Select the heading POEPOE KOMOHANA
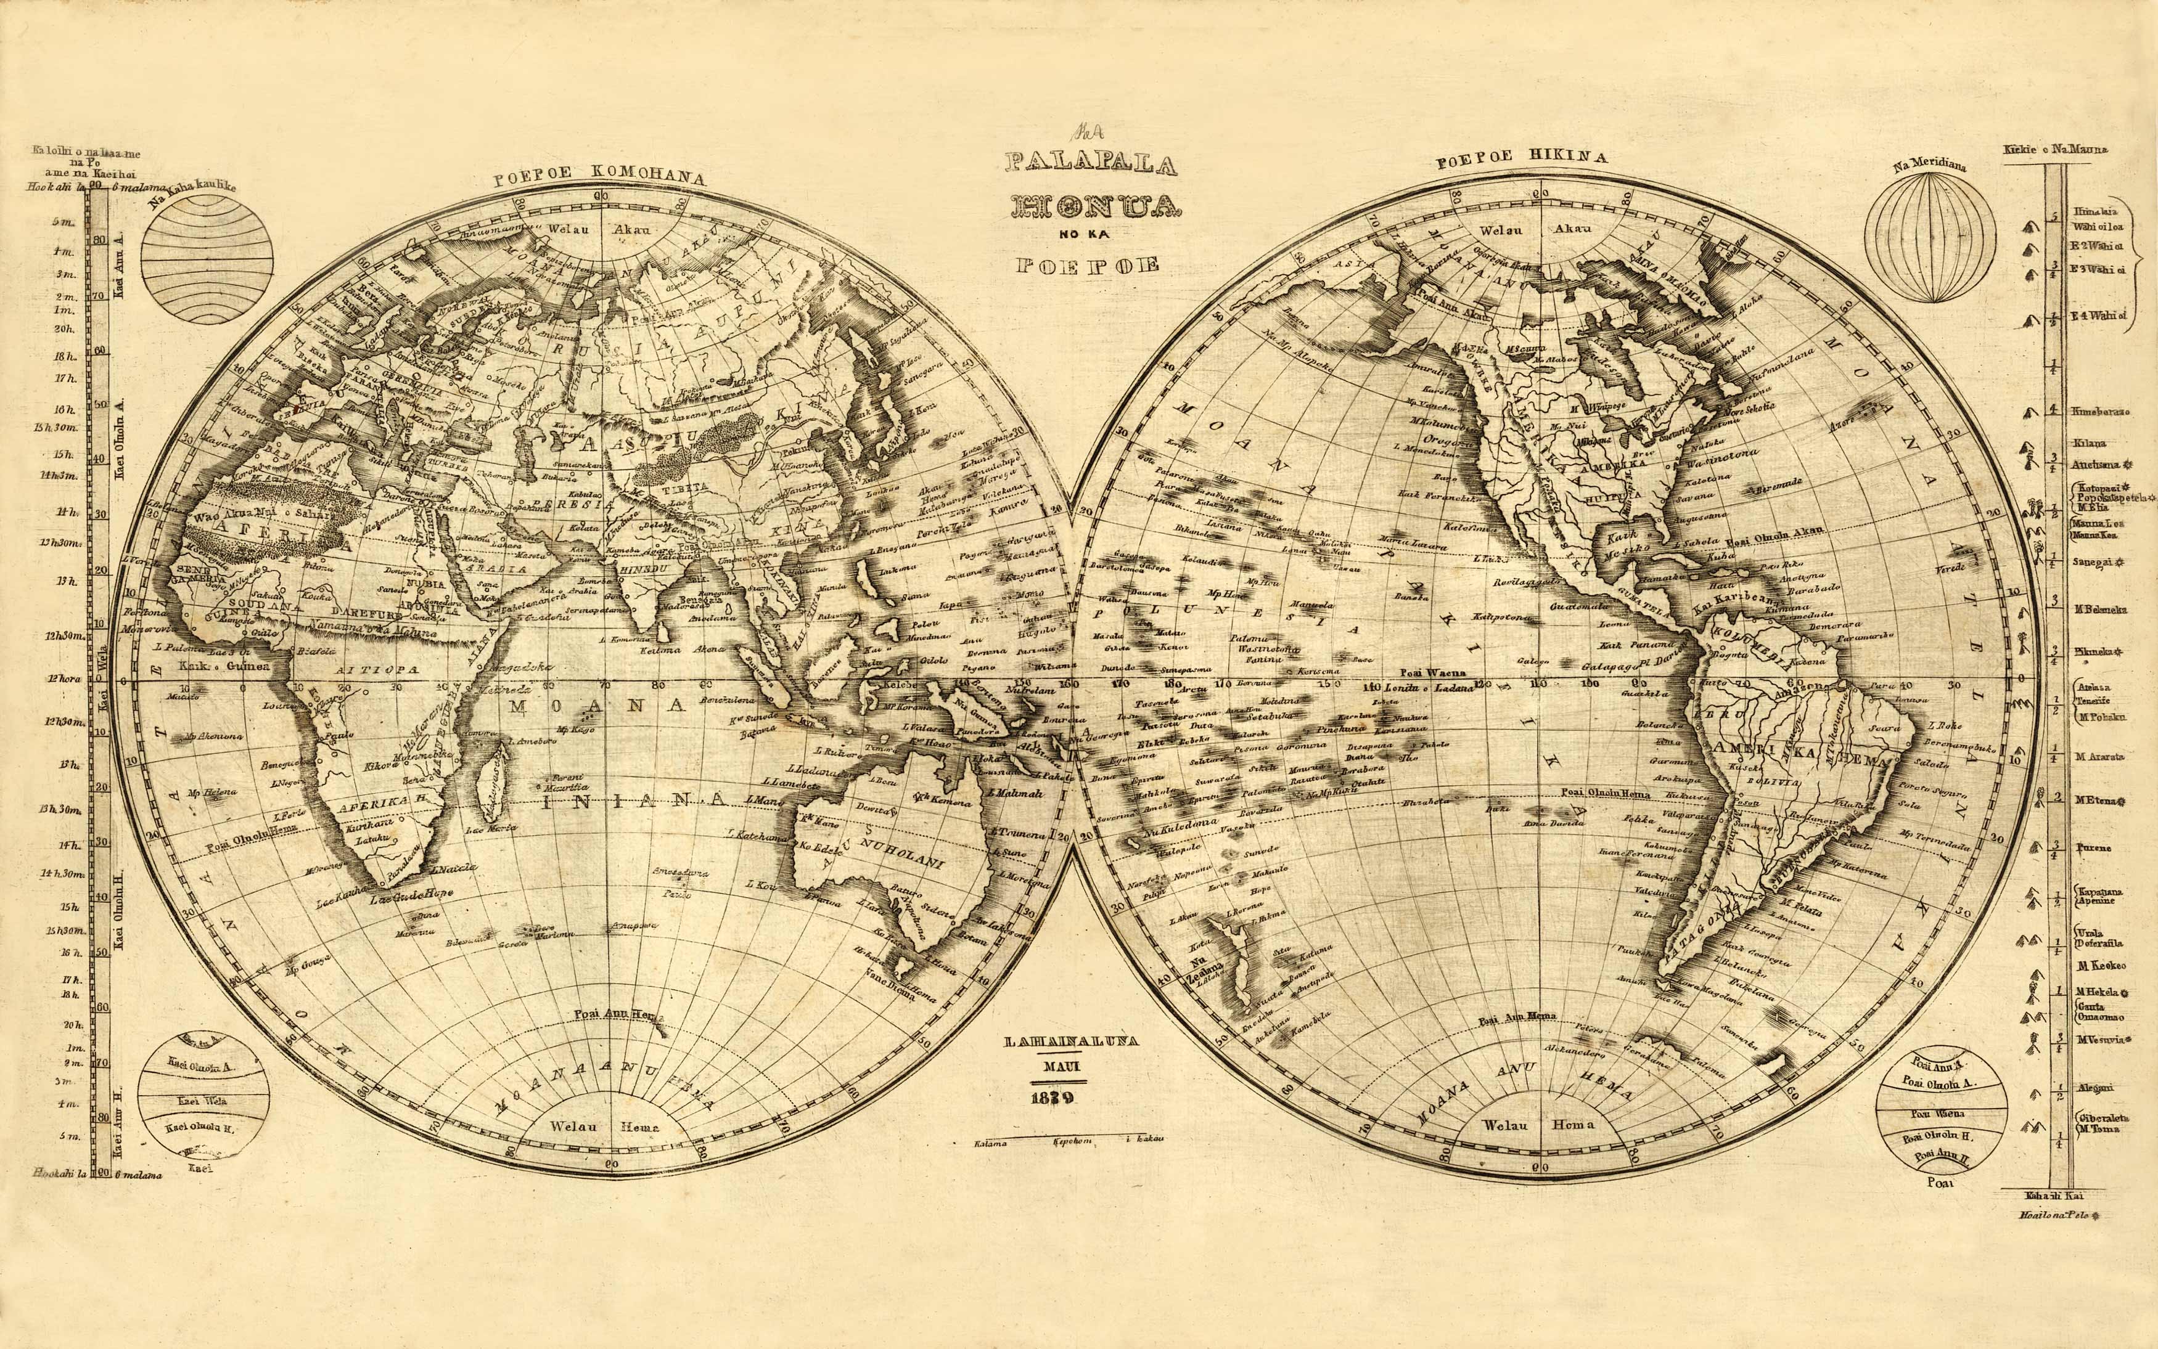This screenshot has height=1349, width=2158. tap(600, 176)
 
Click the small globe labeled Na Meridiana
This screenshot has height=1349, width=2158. tap(1929, 238)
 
